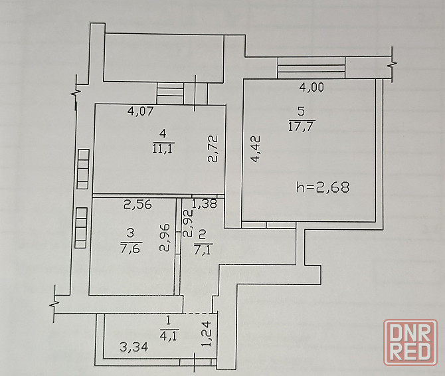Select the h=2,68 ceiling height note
[322, 188]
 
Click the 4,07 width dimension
[141, 112]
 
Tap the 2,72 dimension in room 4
[213, 149]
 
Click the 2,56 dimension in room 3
[138, 205]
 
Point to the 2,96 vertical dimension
[167, 236]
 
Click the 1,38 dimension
[204, 205]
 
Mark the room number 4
[163, 135]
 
